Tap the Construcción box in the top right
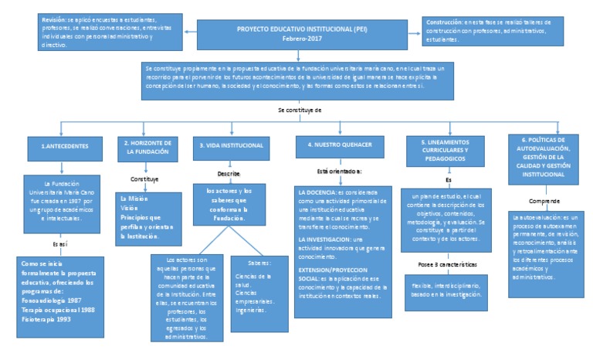pos(500,31)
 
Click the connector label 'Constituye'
pos(143,178)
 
